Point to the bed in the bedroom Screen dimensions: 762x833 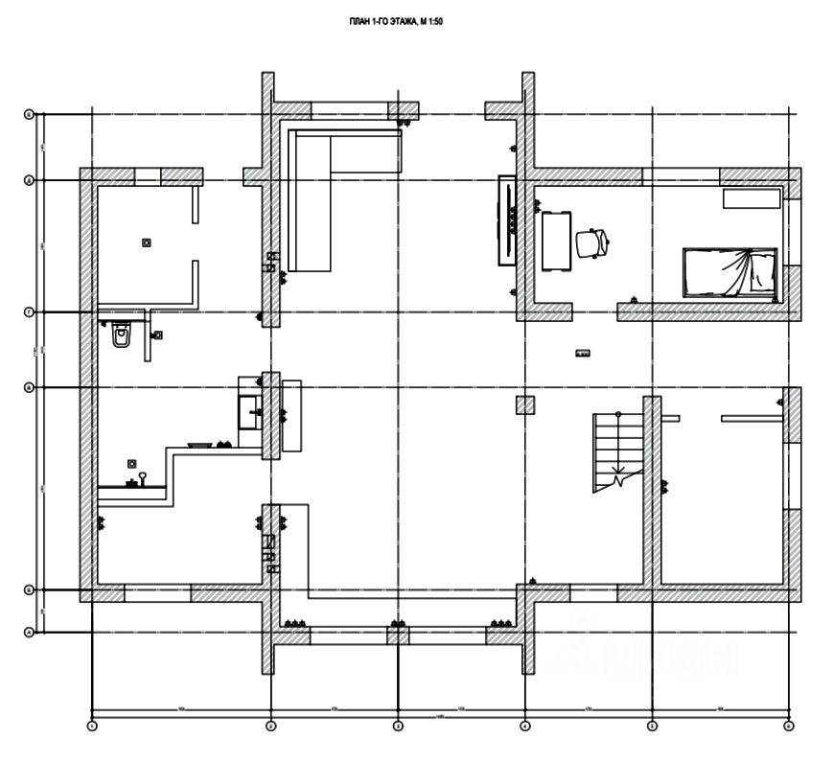tap(729, 271)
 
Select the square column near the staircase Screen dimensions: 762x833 tap(525, 404)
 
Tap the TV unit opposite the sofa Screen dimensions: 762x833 tap(505, 219)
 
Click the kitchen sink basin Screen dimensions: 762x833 tap(249, 413)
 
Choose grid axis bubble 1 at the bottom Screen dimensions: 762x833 tap(92, 727)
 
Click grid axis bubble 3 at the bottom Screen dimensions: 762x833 tap(398, 727)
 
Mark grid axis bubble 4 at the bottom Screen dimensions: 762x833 tap(525, 727)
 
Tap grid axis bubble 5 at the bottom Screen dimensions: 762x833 tap(652, 727)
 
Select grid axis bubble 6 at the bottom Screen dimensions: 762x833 tap(788, 727)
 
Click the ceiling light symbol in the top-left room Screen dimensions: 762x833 tap(146, 242)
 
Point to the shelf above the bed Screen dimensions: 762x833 tap(752, 197)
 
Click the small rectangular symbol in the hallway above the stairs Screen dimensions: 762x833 tap(583, 354)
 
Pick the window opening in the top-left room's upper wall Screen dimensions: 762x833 tap(147, 176)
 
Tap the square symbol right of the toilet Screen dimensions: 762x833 tap(158, 335)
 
